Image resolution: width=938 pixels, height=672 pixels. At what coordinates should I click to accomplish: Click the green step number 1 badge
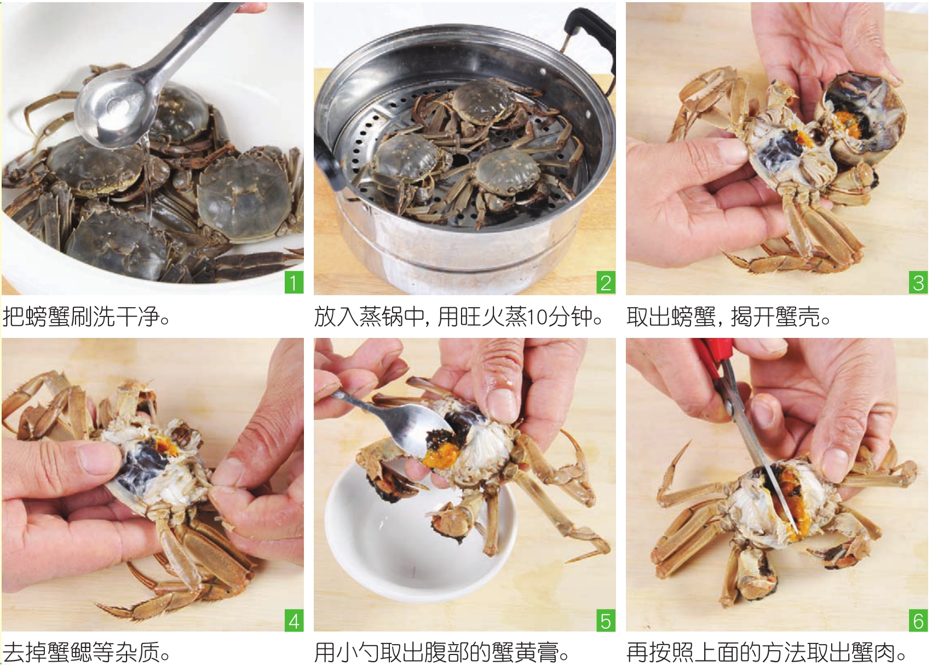294,283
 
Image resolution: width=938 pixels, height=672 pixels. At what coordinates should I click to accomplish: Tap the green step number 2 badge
606,283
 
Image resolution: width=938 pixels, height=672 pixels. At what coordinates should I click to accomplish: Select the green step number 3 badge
918,283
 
